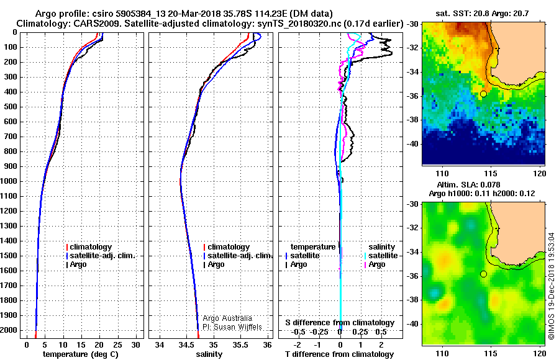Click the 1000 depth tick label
coord(9,181)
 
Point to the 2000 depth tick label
coord(9,330)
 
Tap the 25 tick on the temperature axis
coord(117,344)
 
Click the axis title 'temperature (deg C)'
coord(81,354)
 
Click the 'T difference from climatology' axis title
coord(340,354)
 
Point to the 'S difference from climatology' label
coord(340,323)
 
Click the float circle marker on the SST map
coord(483,94)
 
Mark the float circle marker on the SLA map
coord(483,274)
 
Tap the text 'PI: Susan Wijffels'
coord(232,327)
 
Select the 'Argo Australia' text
coord(227,318)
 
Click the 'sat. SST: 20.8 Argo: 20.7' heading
coord(482,14)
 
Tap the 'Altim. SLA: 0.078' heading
coord(468,184)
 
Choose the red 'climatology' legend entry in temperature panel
coord(89,247)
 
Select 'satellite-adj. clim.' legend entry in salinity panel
coord(238,256)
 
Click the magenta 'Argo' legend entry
coord(375,264)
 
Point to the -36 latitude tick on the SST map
coord(413,96)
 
